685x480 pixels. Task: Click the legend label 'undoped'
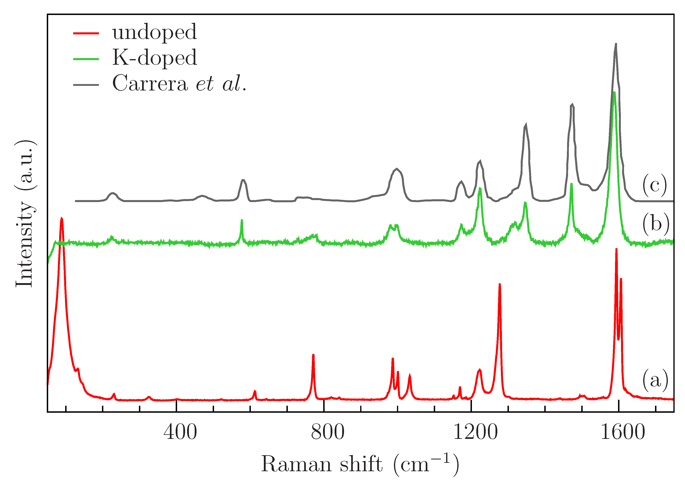pyautogui.click(x=155, y=32)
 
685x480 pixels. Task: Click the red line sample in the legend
pyautogui.click(x=86, y=33)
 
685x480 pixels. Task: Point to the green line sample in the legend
pyautogui.click(x=86, y=59)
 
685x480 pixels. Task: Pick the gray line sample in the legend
pyautogui.click(x=86, y=85)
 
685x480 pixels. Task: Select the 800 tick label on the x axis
pyautogui.click(x=328, y=433)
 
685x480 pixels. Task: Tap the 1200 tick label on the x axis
pyautogui.click(x=475, y=433)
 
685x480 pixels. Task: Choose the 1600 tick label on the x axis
pyautogui.click(x=623, y=433)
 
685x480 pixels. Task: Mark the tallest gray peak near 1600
pyautogui.click(x=615, y=44)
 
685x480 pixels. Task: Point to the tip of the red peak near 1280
pyautogui.click(x=500, y=284)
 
